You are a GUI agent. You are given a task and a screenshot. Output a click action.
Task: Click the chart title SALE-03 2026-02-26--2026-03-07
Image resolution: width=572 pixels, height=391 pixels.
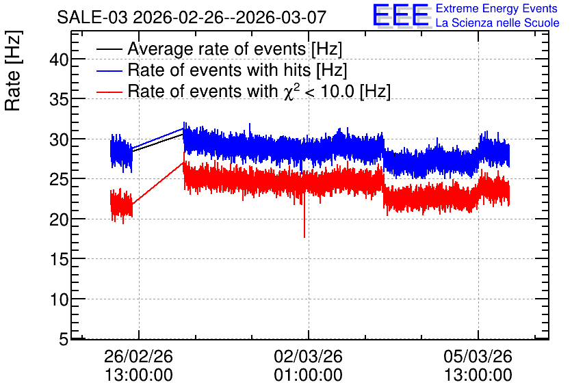click(x=192, y=17)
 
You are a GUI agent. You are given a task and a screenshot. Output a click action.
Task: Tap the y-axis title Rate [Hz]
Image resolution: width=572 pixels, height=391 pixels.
click(x=13, y=70)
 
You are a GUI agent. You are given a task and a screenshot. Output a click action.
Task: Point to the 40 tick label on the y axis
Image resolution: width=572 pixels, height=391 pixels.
click(x=59, y=59)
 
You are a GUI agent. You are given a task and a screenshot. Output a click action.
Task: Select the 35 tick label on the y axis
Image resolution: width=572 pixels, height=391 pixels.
click(x=59, y=99)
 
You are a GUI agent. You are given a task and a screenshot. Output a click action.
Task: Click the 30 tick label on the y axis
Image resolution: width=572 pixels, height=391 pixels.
click(x=59, y=139)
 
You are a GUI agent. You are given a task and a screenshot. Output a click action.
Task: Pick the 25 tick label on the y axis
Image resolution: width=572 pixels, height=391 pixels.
click(x=59, y=179)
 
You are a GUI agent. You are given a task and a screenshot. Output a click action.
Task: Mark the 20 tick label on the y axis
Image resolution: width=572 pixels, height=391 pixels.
click(x=59, y=219)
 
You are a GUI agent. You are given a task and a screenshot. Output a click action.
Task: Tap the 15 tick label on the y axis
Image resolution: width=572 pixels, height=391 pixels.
click(x=59, y=259)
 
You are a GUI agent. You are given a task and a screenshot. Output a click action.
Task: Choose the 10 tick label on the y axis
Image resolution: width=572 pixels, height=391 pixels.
click(x=59, y=299)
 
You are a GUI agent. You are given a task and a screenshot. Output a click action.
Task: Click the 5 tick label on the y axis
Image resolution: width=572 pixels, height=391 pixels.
click(x=64, y=339)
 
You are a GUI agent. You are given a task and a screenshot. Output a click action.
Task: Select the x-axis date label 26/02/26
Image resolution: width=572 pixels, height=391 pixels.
click(x=139, y=356)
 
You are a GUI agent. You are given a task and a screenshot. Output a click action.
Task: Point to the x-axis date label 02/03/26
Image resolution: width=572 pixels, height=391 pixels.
click(x=309, y=356)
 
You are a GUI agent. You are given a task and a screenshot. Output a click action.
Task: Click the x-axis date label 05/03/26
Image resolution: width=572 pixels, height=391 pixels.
click(x=478, y=356)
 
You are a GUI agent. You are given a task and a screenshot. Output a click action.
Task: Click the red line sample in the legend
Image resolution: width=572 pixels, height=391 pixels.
click(x=109, y=92)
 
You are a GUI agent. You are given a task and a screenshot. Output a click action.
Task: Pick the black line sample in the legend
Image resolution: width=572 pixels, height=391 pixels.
click(x=109, y=49)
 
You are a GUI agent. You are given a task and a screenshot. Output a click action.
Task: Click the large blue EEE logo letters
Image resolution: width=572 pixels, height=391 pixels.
click(x=401, y=15)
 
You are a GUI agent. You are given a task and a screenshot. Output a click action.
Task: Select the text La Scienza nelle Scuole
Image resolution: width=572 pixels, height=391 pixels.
click(x=497, y=23)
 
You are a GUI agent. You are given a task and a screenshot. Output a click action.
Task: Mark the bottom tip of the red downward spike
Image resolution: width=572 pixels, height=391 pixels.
click(x=304, y=238)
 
